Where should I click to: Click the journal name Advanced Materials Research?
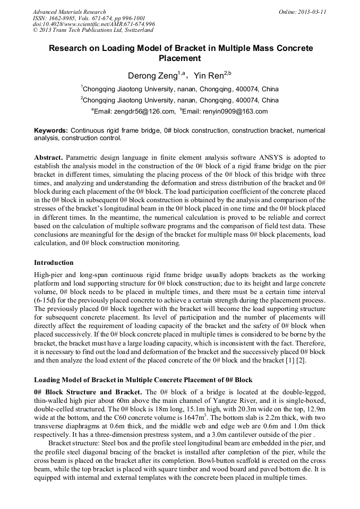pos(69,12)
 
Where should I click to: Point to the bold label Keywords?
pos(51,131)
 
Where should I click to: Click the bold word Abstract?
pos(49,158)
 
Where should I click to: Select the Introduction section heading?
pos(54,263)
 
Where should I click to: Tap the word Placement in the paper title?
pos(181,58)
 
